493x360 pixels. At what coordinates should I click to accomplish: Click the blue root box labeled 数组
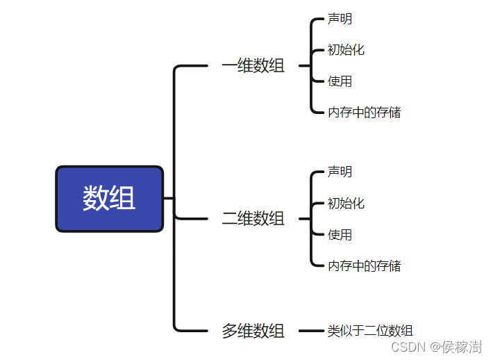[109, 199]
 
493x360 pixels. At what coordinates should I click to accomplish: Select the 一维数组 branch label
[253, 66]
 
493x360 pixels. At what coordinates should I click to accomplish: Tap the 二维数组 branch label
[253, 218]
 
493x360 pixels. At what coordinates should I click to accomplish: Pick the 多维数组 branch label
[253, 331]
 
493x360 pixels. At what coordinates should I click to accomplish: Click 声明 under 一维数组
[340, 19]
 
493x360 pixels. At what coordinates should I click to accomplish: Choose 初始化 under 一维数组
[346, 50]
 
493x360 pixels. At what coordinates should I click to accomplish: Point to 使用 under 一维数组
[340, 81]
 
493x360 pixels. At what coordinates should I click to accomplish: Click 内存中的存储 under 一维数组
[364, 112]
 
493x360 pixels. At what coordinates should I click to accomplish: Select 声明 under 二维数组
[340, 172]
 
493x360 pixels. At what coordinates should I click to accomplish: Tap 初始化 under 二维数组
[346, 204]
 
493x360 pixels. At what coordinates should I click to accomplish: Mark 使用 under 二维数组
[340, 235]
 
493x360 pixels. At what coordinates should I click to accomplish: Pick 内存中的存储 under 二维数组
[364, 265]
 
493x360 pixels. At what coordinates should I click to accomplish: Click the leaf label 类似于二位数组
[370, 331]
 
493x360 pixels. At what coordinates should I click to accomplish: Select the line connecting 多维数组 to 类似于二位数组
[311, 331]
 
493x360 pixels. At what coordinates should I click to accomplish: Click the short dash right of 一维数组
[303, 66]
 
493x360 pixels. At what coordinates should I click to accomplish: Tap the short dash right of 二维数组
[303, 218]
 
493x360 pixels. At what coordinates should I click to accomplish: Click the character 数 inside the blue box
[96, 199]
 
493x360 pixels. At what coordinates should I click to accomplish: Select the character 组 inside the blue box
[123, 199]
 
